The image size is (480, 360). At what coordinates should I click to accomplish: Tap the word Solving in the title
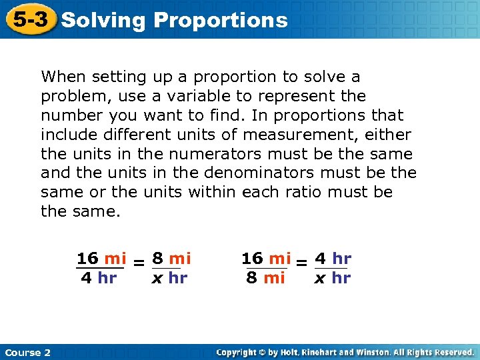pyautogui.click(x=103, y=20)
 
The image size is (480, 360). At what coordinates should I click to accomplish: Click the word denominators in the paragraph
pyautogui.click(x=265, y=173)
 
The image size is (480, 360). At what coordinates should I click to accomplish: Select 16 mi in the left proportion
pyautogui.click(x=101, y=258)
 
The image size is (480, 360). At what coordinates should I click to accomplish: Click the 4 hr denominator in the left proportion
pyautogui.click(x=99, y=278)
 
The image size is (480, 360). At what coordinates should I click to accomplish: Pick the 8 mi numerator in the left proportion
pyautogui.click(x=171, y=258)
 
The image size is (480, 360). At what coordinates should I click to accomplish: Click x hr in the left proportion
pyautogui.click(x=169, y=278)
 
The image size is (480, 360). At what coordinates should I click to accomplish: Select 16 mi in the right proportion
pyautogui.click(x=266, y=258)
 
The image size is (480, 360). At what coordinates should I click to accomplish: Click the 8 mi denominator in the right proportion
pyautogui.click(x=265, y=278)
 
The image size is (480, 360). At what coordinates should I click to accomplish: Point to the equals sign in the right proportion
pyautogui.click(x=301, y=264)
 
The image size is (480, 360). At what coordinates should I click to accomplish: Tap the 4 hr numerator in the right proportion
pyautogui.click(x=333, y=258)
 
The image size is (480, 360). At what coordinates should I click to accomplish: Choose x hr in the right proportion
pyautogui.click(x=332, y=278)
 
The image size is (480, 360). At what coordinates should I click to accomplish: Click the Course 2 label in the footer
pyautogui.click(x=27, y=352)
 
